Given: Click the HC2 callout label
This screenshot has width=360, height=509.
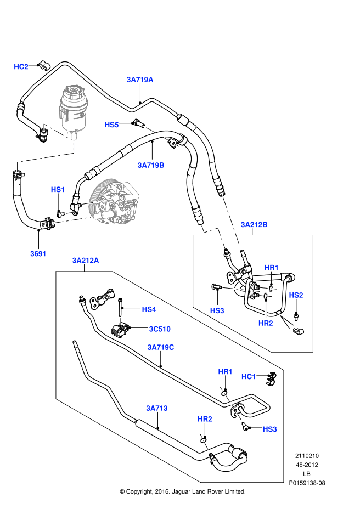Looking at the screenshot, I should pyautogui.click(x=21, y=67).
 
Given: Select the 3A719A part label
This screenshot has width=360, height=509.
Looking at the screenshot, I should pyautogui.click(x=140, y=80).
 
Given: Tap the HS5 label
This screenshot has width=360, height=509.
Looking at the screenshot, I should pyautogui.click(x=112, y=125).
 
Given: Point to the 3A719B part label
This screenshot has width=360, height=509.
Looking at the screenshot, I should pyautogui.click(x=151, y=165).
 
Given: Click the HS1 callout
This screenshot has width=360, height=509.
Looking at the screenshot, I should pyautogui.click(x=58, y=190).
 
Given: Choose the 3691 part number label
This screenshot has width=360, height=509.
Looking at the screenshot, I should pyautogui.click(x=38, y=253).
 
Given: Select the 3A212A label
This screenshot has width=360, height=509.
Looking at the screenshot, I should pyautogui.click(x=85, y=261).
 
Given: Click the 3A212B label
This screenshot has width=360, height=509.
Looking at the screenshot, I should pyautogui.click(x=254, y=224).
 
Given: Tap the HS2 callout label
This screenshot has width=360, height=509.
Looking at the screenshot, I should pyautogui.click(x=296, y=295).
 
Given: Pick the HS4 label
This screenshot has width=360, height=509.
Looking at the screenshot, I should pyautogui.click(x=149, y=309).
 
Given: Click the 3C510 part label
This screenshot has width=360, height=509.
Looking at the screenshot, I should pyautogui.click(x=160, y=329).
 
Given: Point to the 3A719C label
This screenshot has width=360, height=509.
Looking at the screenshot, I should pyautogui.click(x=160, y=347).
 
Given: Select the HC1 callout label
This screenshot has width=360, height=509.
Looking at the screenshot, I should pyautogui.click(x=249, y=376).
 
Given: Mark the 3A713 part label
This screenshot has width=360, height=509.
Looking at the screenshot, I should pyautogui.click(x=156, y=408).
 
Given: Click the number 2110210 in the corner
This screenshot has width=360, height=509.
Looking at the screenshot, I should pyautogui.click(x=307, y=456).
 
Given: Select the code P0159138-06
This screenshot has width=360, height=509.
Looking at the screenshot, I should pyautogui.click(x=307, y=483).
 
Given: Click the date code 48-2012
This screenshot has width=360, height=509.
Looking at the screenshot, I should pyautogui.click(x=307, y=465).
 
